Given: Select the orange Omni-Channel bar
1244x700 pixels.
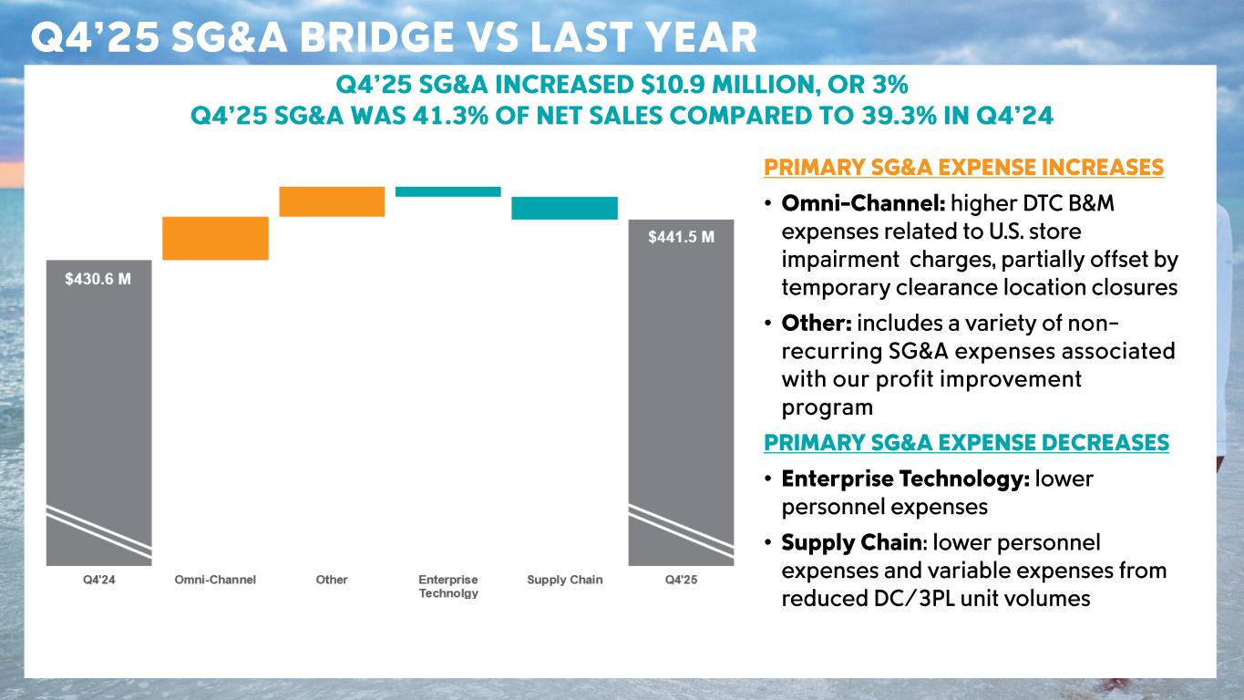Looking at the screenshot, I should [x=215, y=238].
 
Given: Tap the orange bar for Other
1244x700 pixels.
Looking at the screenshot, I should [x=332, y=201].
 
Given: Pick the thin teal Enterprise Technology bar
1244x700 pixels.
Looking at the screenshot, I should [x=447, y=191].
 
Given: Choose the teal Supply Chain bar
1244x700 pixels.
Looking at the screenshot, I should [x=564, y=208].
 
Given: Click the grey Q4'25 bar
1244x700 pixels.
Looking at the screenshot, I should [x=681, y=392].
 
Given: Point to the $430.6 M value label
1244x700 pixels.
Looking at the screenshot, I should [x=98, y=280].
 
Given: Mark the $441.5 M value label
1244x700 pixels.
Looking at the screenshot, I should [x=681, y=237].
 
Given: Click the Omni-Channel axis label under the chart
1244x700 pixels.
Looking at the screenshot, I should [x=215, y=580].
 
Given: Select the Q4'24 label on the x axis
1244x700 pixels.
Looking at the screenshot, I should [x=98, y=580].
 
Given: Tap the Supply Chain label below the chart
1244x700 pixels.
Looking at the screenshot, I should [x=565, y=580].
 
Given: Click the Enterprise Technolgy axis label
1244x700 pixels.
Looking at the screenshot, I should [x=448, y=586].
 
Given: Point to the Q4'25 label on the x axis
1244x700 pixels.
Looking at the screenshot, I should [x=681, y=580].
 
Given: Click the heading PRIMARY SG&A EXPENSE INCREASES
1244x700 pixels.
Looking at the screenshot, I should [x=963, y=168].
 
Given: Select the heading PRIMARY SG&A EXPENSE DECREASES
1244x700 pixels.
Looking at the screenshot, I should [x=966, y=443].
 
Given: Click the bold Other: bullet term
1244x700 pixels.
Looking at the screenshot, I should [x=817, y=324].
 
